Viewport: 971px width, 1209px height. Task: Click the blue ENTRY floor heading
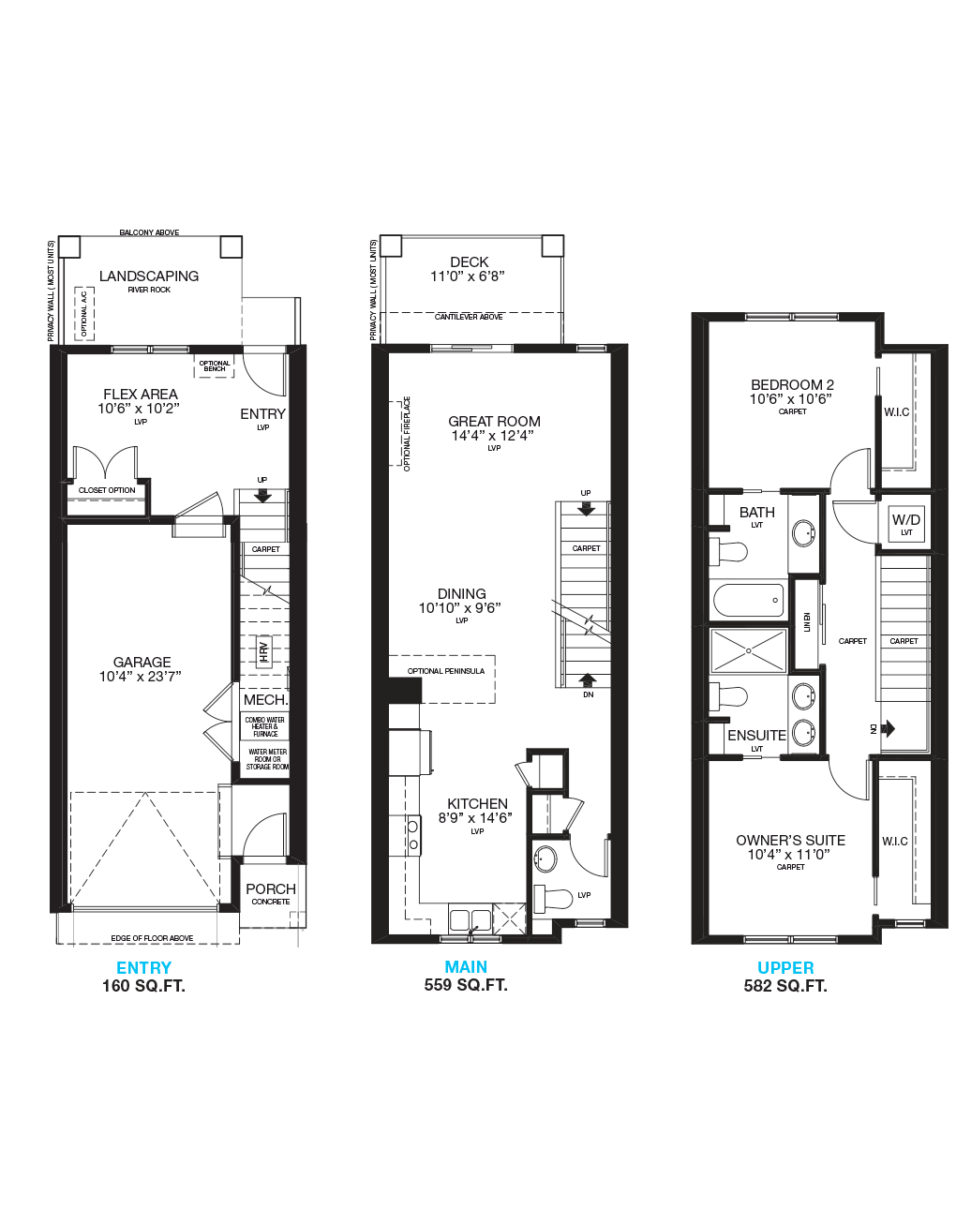(x=143, y=967)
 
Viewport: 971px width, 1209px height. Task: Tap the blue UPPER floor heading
(x=785, y=967)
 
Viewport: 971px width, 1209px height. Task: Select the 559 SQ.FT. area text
(x=466, y=985)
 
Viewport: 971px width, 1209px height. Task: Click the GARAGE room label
(x=142, y=662)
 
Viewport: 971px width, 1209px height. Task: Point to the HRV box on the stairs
(x=263, y=651)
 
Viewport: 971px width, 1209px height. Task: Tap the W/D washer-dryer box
(x=905, y=524)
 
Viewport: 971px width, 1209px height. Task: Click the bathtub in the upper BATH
(x=749, y=600)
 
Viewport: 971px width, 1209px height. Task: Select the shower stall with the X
(x=749, y=650)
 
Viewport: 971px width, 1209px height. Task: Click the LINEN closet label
(x=807, y=622)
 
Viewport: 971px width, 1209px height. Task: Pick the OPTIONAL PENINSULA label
(x=445, y=671)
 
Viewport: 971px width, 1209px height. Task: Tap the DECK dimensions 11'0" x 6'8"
(x=468, y=276)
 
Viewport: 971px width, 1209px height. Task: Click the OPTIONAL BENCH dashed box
(x=215, y=366)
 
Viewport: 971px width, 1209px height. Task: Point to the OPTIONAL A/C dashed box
(x=84, y=313)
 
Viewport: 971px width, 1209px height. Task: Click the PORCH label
(x=271, y=888)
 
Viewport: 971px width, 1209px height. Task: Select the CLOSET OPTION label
(x=107, y=490)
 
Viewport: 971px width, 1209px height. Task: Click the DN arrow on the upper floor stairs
(x=888, y=728)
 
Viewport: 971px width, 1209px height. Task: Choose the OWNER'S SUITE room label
(x=791, y=840)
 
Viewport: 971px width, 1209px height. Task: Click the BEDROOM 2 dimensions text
(x=791, y=398)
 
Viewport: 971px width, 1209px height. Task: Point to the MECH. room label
(x=266, y=699)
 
